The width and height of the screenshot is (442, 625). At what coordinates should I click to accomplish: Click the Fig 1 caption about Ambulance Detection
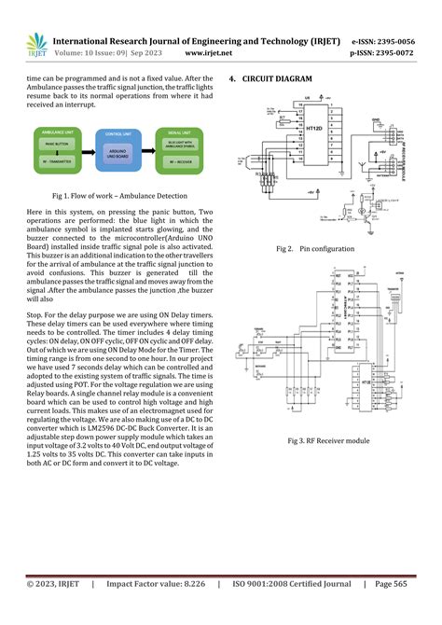[x=120, y=196]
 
